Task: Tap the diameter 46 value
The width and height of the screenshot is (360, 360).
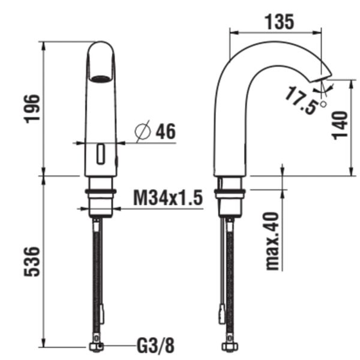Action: (x=165, y=131)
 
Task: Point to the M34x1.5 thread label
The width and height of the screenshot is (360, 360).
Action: (x=167, y=197)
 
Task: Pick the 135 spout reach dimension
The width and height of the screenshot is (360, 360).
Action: (x=278, y=22)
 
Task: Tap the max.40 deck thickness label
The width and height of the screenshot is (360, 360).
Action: (x=274, y=239)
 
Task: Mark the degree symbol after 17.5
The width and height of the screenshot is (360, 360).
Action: (x=324, y=104)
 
